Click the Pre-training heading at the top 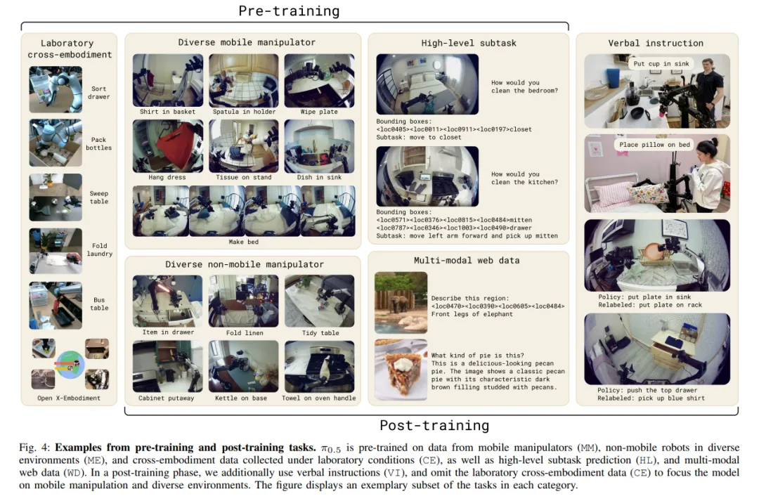point(289,11)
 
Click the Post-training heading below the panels point(434,425)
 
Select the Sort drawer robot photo point(56,89)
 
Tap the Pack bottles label point(99,144)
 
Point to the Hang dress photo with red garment point(168,146)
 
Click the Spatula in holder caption point(244,112)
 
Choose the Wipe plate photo point(320,80)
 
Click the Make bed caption point(243,242)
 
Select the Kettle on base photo point(243,366)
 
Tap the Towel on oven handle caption point(319,398)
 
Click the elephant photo point(401,303)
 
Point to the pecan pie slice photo point(401,370)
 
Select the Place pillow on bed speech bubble point(654,145)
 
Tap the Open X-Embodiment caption point(69,398)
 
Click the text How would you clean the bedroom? point(525,86)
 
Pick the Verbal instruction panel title point(656,43)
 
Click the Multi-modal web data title point(467,261)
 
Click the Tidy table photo point(320,301)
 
